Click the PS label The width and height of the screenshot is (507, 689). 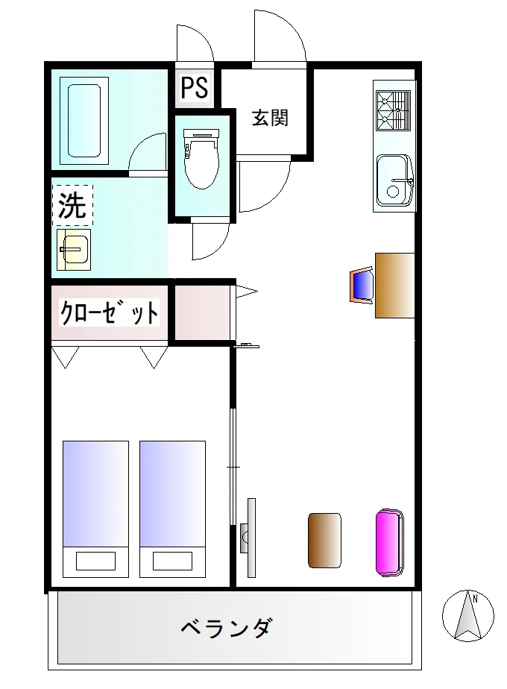point(195,87)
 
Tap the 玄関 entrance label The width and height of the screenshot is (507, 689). point(270,118)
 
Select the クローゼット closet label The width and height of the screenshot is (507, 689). point(109,312)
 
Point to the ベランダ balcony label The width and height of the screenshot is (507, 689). point(227,628)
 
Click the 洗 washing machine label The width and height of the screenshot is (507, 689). point(72,205)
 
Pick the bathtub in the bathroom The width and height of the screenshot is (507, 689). point(84,122)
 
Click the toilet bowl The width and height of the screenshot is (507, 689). point(201,159)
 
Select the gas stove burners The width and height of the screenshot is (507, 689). point(393,110)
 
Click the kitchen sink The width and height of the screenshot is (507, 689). point(394,180)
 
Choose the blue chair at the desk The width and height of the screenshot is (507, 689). point(362,286)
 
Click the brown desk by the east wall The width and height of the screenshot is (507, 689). point(394,285)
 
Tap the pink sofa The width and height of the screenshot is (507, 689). point(390,542)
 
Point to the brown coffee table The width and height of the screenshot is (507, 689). point(324,541)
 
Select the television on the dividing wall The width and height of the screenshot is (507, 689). point(249,538)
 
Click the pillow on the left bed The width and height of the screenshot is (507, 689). point(95,561)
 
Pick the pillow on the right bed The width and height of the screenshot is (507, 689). point(172,561)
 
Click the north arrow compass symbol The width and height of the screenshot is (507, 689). point(468,615)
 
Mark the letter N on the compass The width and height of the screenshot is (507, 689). point(476,597)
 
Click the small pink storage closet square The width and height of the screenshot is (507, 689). point(203,312)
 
